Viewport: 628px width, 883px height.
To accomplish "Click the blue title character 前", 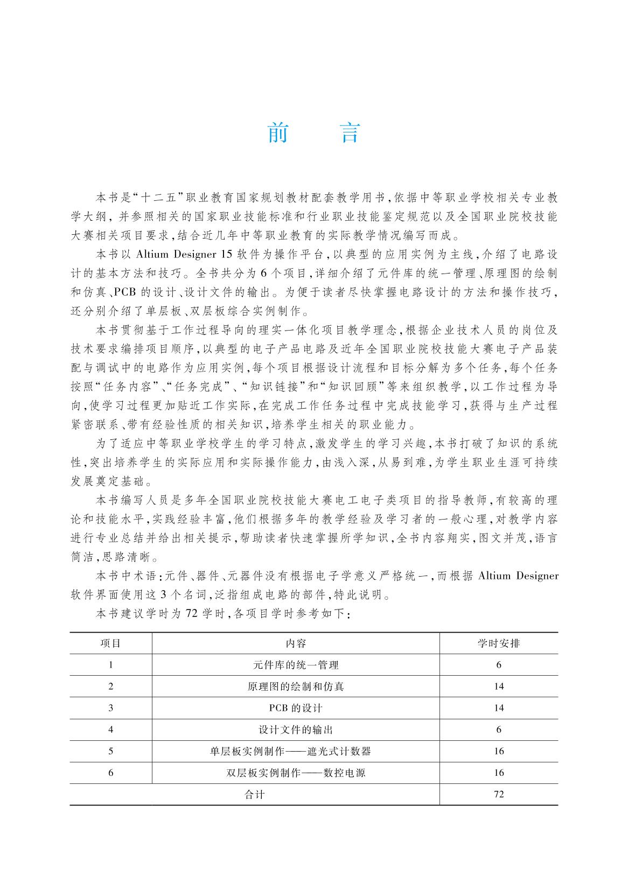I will pos(277,133).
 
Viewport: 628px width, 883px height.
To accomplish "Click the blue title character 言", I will pos(350,133).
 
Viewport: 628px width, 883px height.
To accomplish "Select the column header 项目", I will pos(111,643).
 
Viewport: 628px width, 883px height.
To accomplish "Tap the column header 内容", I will pos(296,643).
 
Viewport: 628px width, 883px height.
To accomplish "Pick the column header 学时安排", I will pos(499,643).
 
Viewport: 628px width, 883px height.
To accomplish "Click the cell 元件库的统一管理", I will pos(296,665).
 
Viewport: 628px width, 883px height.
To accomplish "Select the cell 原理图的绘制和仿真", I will pos(296,686).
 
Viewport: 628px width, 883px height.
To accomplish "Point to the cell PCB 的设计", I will pos(296,708).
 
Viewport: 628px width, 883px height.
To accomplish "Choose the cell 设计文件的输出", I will pos(296,730).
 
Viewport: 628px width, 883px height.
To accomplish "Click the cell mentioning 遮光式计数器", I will pos(296,751).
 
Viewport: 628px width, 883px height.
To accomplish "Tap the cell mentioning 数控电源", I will pos(296,773).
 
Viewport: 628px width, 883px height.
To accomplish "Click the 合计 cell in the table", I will pos(255,794).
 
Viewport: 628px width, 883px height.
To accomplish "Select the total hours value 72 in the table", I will pos(499,794).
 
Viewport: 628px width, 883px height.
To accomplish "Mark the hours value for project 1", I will pos(499,665).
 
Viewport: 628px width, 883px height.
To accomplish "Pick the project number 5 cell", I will pos(111,751).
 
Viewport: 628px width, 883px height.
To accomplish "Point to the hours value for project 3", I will pos(499,708).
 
